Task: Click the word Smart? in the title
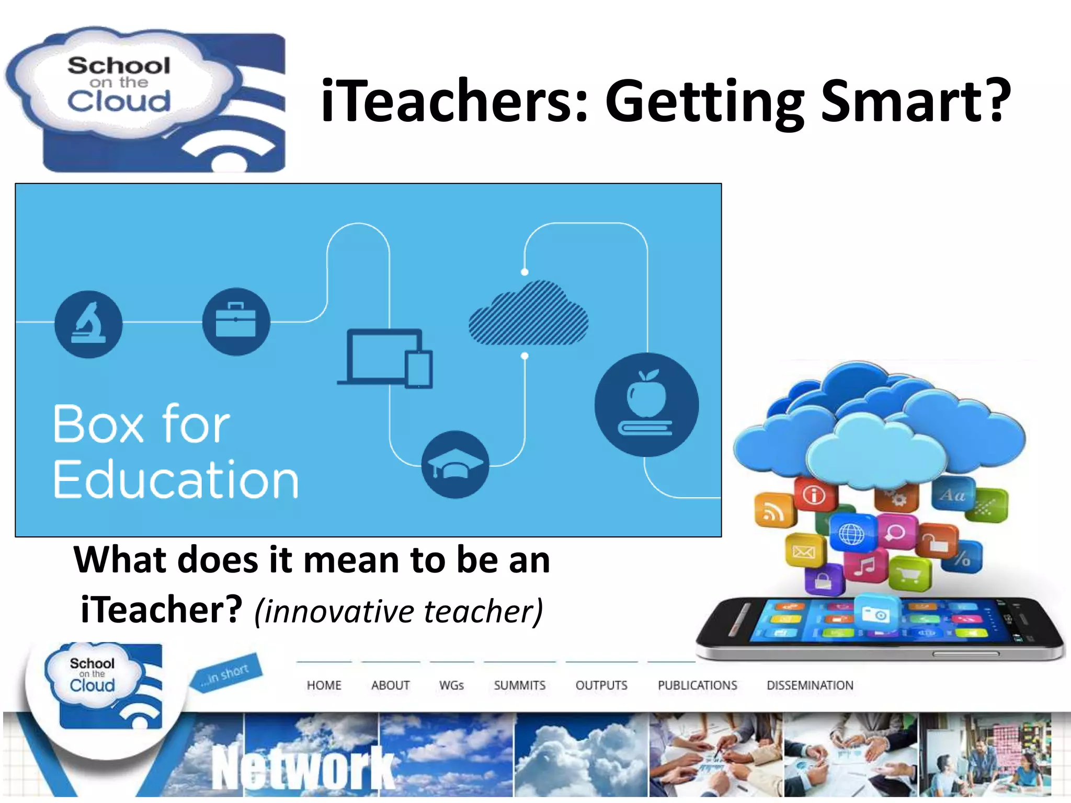click(x=915, y=100)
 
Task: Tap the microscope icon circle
click(x=88, y=324)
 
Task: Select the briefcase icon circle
click(x=236, y=322)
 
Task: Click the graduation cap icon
click(x=455, y=464)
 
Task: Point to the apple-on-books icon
click(x=646, y=405)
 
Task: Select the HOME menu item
click(x=324, y=685)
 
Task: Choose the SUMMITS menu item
click(x=519, y=685)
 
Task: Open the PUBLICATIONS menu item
click(x=697, y=685)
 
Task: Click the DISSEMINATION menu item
click(x=810, y=685)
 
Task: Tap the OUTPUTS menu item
click(x=601, y=685)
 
